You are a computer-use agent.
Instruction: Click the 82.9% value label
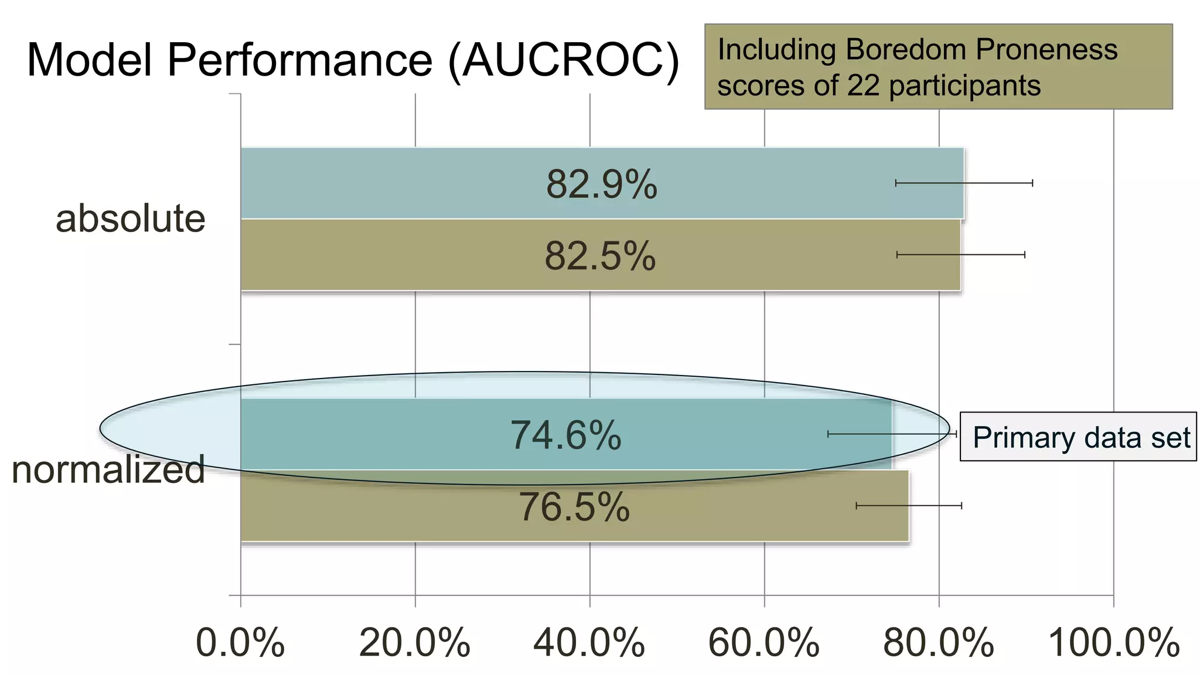coord(601,185)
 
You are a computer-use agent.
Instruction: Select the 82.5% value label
coord(600,256)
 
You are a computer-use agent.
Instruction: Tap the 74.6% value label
coord(565,435)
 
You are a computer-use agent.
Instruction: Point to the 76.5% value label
coord(574,507)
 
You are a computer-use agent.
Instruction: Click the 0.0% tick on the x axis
coord(240,643)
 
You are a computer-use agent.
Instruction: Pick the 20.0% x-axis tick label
coord(414,643)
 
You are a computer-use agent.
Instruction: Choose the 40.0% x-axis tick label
coord(589,643)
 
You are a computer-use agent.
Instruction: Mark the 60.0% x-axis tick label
coord(763,643)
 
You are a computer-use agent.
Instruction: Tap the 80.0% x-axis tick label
coord(938,643)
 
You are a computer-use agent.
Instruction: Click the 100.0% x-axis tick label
coord(1113,643)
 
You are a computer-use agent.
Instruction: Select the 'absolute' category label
coord(130,219)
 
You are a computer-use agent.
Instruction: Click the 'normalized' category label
coord(108,470)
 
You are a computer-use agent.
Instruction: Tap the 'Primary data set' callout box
coord(1078,437)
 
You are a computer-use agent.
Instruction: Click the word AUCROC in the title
coord(563,60)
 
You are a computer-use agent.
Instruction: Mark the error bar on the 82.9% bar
coord(964,183)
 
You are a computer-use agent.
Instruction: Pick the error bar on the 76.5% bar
coord(909,506)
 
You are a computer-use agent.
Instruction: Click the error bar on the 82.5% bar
coord(961,255)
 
